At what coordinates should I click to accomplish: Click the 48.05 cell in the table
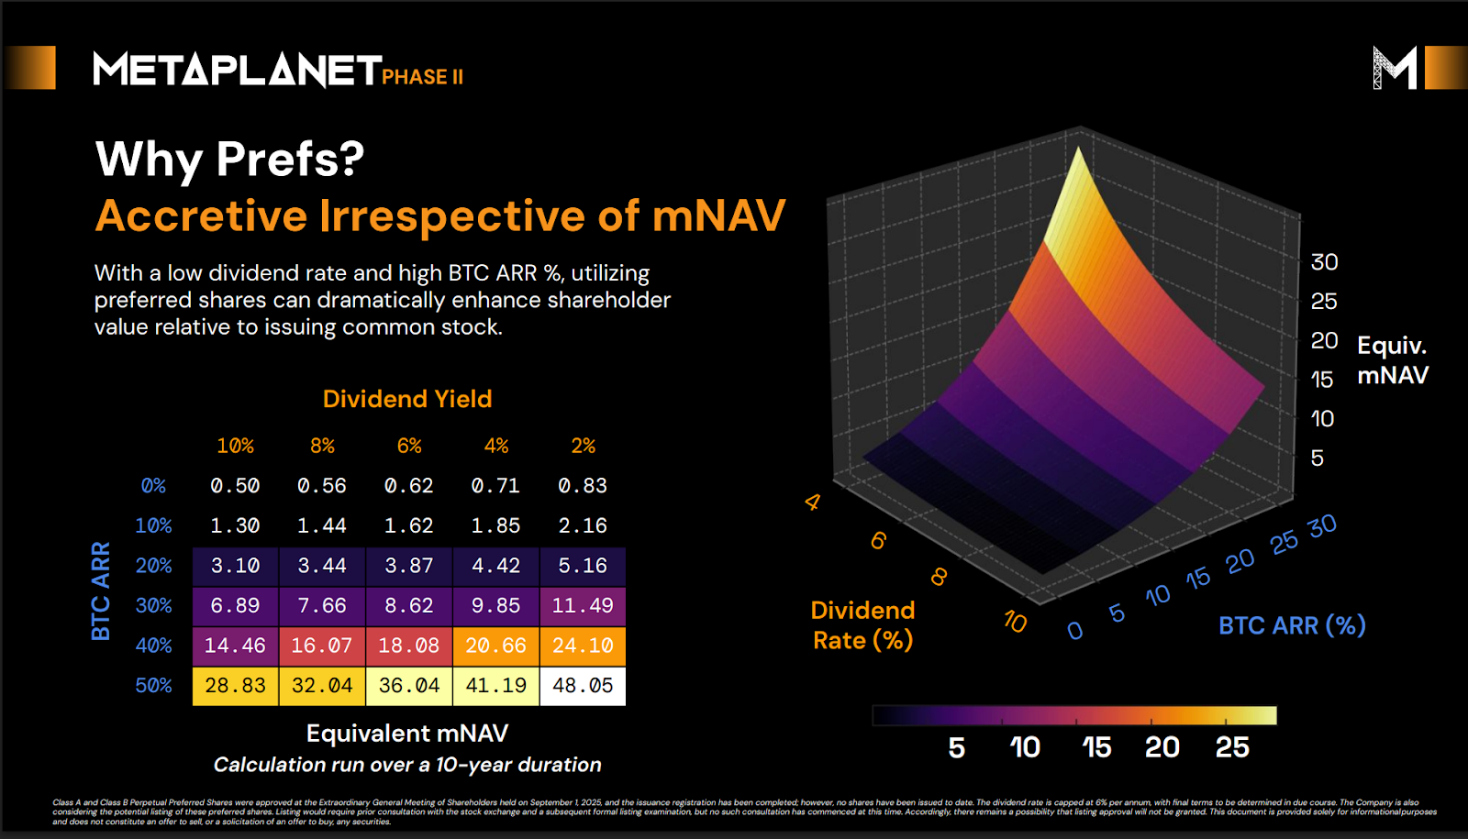583,686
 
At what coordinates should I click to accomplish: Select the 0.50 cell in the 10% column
235,486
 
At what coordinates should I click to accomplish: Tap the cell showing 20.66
495,646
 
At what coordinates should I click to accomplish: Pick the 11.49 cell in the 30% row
583,605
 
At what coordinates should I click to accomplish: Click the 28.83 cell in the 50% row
235,686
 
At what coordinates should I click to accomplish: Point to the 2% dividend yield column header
583,446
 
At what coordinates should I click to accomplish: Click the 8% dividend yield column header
322,446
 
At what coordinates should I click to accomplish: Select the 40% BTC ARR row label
153,646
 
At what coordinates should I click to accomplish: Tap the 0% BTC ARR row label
153,486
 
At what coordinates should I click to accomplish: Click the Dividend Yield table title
407,399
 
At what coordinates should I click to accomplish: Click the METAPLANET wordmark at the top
237,71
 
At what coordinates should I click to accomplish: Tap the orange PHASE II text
422,77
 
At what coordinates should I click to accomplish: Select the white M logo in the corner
1395,68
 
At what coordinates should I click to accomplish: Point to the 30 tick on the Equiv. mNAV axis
1324,262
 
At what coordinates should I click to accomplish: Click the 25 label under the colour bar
1232,747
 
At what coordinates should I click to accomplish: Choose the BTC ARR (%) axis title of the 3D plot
1292,625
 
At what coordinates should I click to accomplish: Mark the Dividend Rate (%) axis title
862,625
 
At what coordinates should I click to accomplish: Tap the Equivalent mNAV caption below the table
407,734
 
